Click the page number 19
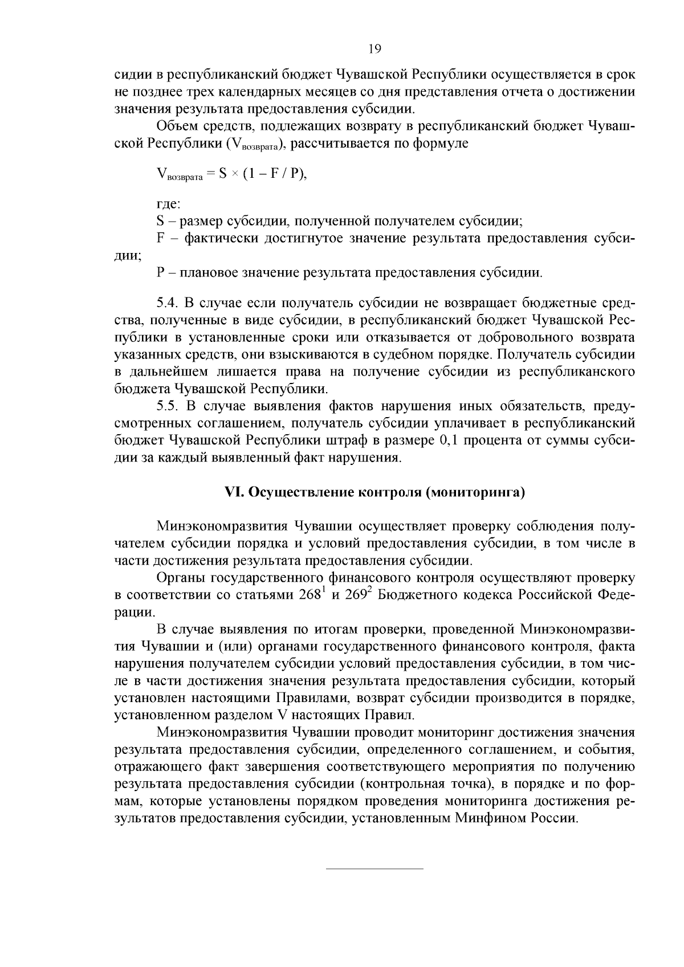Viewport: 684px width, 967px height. click(x=374, y=48)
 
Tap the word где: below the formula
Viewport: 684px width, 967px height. click(x=168, y=203)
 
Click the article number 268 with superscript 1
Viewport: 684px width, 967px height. click(x=311, y=595)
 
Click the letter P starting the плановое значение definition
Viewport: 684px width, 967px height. click(x=160, y=272)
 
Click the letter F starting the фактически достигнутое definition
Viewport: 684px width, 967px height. click(x=160, y=238)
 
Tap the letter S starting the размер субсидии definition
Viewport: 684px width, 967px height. click(x=160, y=221)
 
